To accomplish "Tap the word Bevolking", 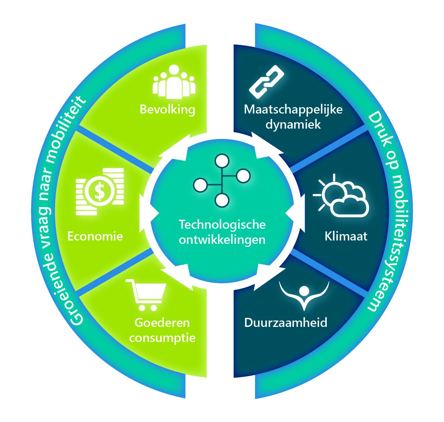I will [167, 110].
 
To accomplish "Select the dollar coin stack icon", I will [100, 191].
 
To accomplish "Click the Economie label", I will [95, 236].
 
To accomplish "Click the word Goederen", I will [162, 323].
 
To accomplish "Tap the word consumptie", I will [162, 338].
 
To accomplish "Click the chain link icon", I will [267, 82].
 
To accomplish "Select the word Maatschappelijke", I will [293, 110].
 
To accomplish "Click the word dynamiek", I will [293, 125].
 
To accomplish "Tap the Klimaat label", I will [346, 236].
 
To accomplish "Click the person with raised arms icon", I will [304, 295].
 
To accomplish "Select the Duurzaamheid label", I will [286, 323].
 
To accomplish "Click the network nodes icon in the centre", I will [221, 180].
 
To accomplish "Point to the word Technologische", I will [222, 224].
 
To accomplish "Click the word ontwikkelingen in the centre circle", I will [222, 240].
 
